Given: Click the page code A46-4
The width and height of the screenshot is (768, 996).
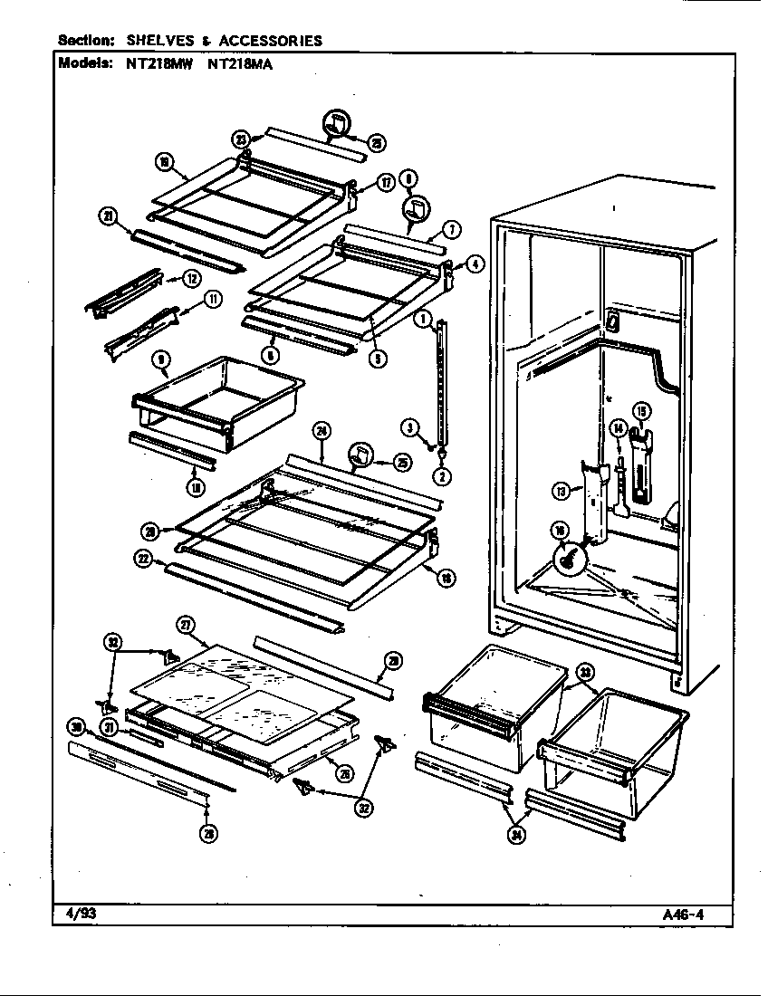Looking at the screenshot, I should [684, 913].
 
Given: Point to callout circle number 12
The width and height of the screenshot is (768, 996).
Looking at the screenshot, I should [191, 279].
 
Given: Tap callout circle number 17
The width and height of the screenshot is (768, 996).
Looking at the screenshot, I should [385, 184].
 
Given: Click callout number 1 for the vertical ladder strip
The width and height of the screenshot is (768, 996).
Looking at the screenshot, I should [422, 319].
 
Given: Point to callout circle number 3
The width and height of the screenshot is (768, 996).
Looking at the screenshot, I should [409, 427].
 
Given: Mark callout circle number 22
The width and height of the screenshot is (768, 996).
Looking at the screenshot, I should [142, 560].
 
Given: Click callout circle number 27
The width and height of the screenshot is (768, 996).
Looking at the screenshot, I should [184, 625].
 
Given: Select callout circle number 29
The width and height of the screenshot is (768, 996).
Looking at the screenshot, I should [391, 662].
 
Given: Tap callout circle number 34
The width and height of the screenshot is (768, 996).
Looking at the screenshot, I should [517, 837].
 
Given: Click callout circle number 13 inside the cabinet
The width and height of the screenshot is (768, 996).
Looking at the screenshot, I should [561, 491].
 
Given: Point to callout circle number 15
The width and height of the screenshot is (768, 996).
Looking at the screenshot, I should [641, 413].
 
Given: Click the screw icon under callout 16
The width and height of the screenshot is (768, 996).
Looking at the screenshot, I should [570, 560].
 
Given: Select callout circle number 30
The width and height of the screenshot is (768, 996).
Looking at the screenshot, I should [77, 726].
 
